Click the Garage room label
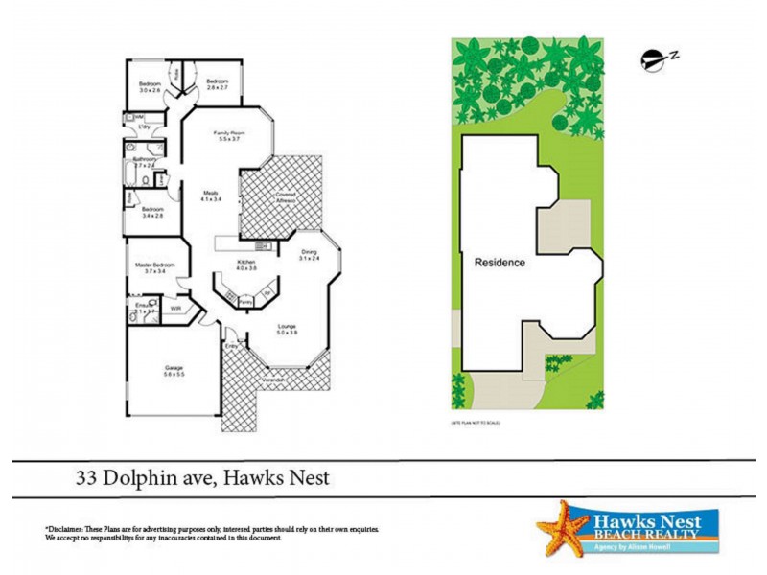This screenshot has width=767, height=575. (174, 368)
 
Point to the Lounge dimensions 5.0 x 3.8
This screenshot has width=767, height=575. (288, 333)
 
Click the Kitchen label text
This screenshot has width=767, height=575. (245, 261)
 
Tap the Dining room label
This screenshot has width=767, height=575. (308, 251)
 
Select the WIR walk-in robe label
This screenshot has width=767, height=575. (175, 309)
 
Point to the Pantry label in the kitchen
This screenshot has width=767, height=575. (245, 301)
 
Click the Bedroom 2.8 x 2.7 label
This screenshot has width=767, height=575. (217, 82)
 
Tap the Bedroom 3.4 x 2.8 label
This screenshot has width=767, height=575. (153, 209)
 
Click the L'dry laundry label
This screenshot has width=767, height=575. (147, 126)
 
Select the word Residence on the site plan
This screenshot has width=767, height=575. (500, 262)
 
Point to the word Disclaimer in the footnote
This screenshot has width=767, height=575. (66, 529)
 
